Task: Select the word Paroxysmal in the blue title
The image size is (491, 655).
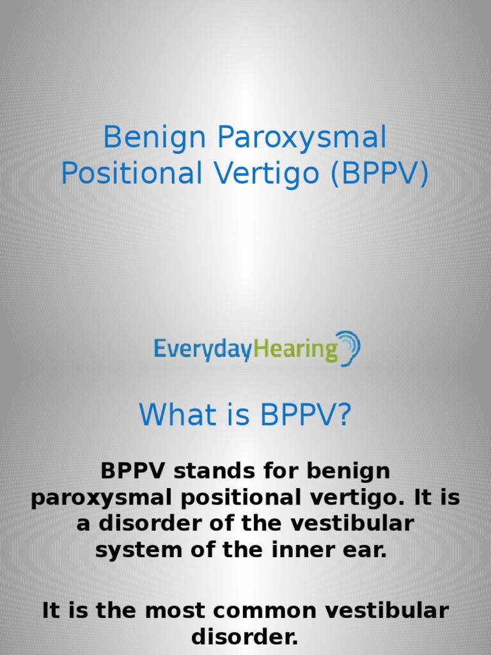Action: tap(302, 138)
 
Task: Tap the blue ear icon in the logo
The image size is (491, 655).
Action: tap(349, 348)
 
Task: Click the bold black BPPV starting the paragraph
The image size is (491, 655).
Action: tap(133, 472)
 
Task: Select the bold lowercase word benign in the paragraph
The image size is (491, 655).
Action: tap(348, 472)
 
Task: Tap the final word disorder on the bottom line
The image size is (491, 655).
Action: tap(245, 636)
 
